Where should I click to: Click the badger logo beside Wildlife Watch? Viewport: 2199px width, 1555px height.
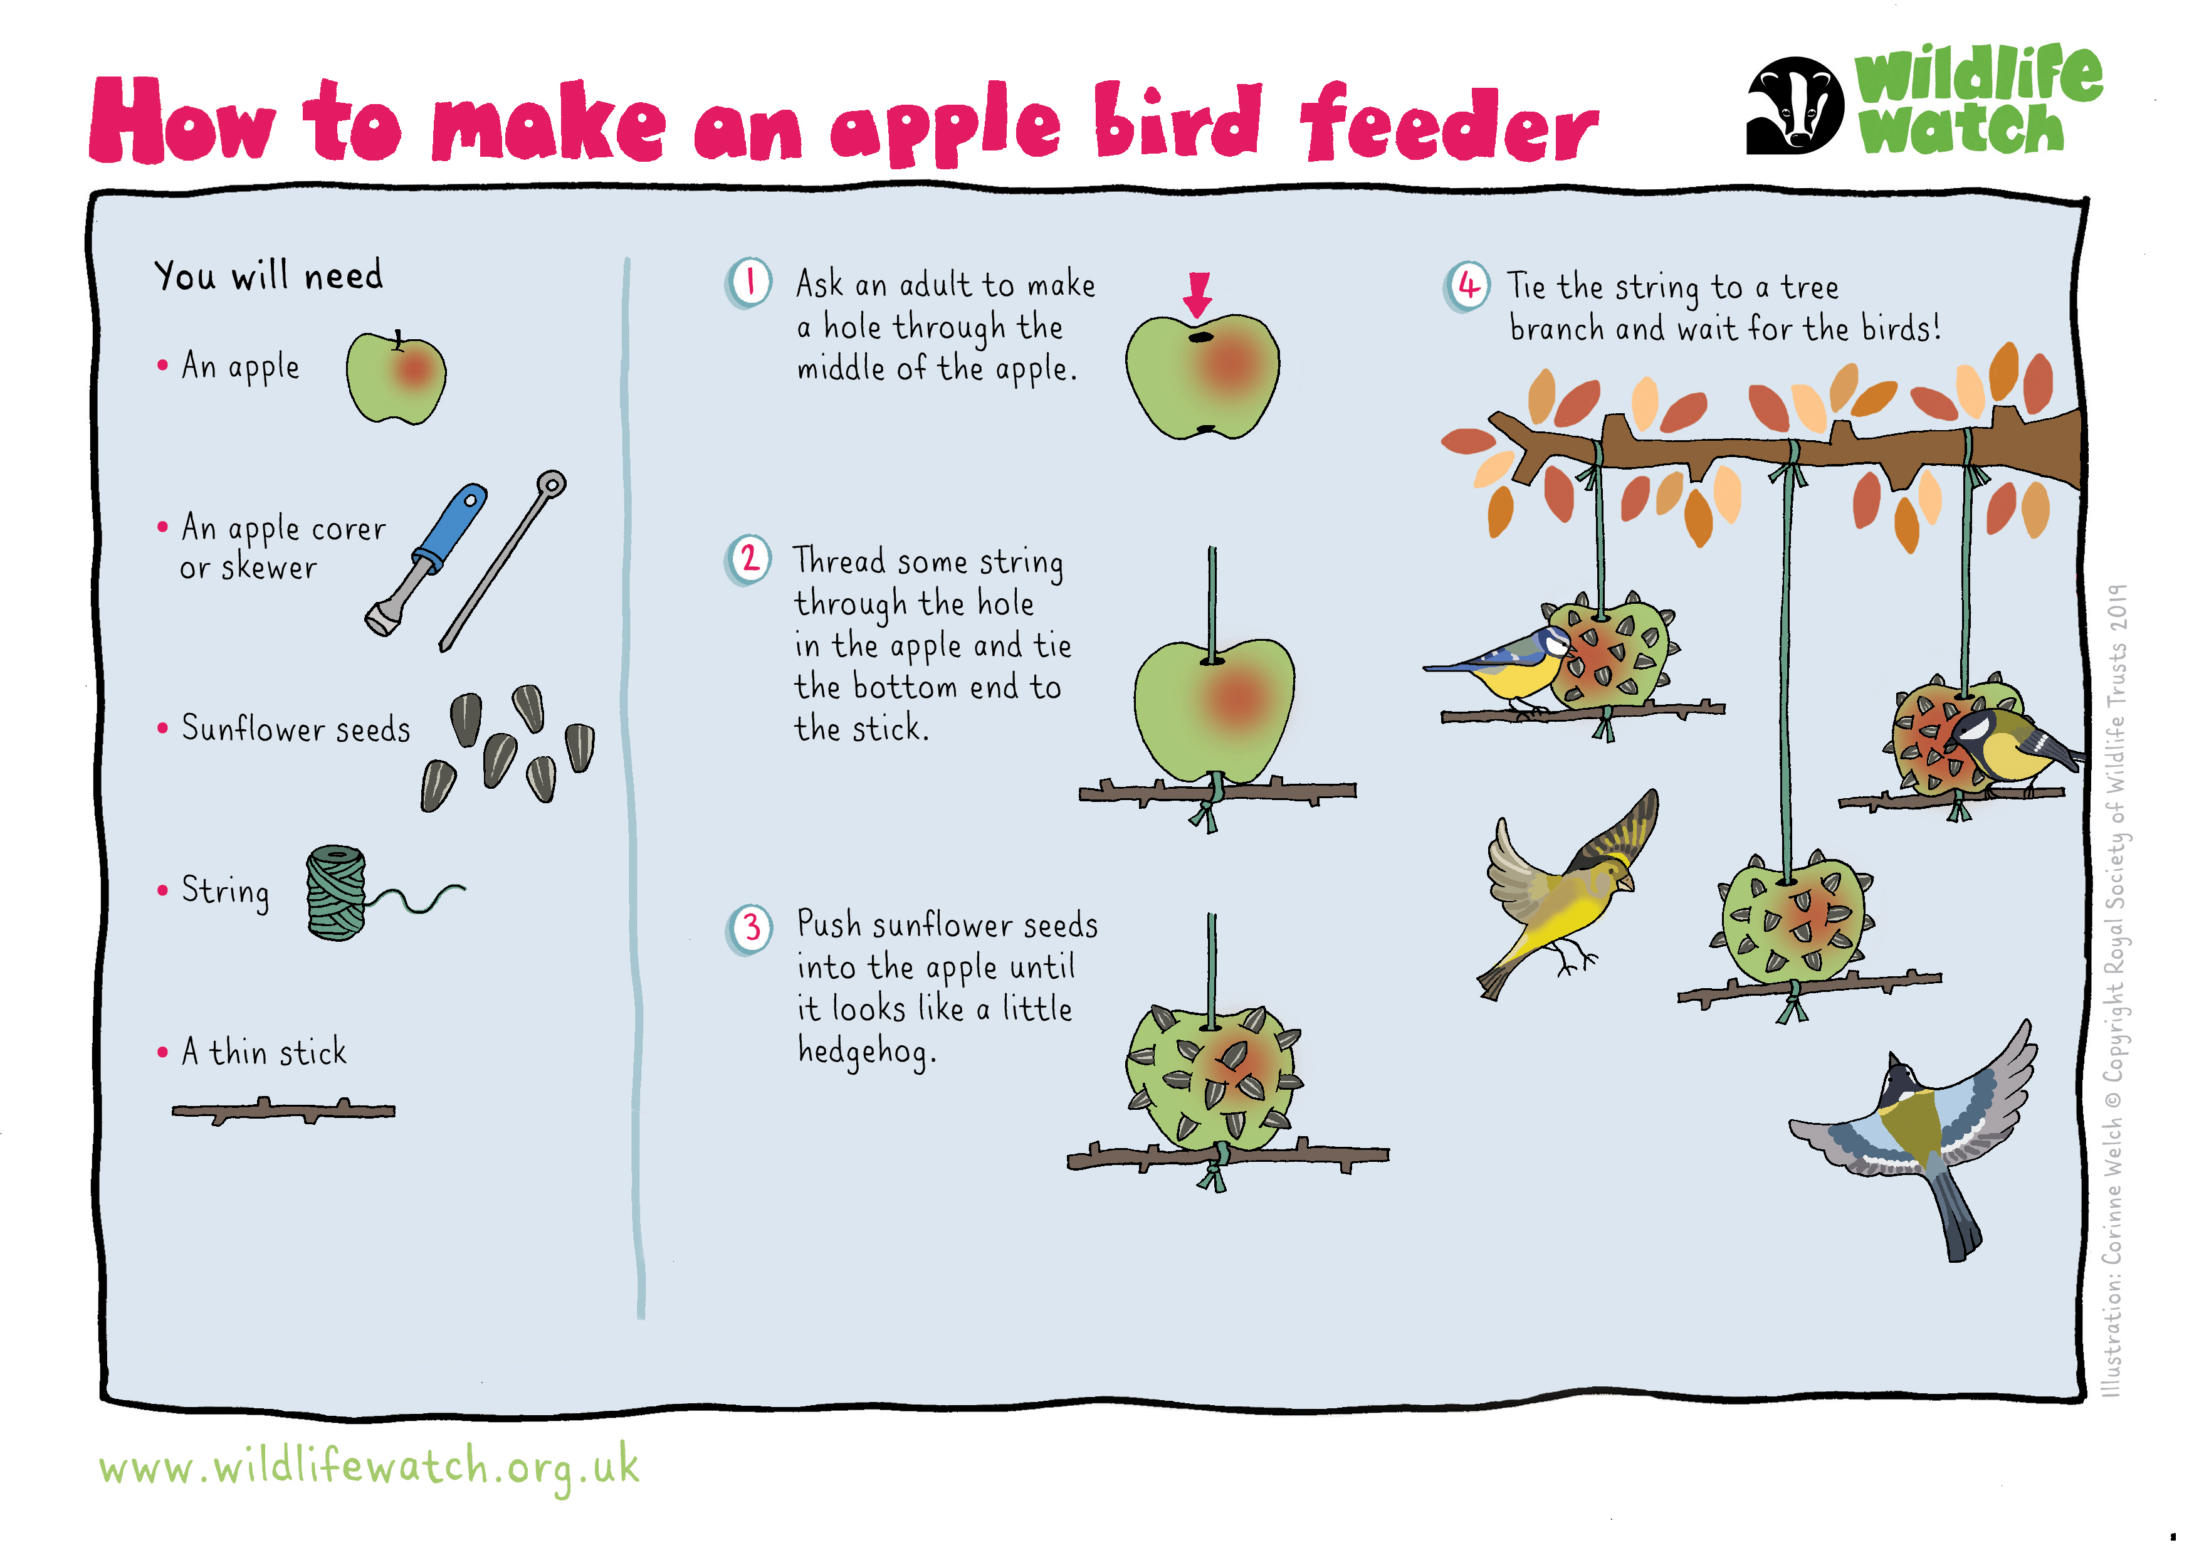tap(1795, 105)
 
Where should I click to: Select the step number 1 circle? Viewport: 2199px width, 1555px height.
tap(749, 283)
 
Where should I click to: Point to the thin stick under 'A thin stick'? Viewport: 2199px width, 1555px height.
tap(283, 1112)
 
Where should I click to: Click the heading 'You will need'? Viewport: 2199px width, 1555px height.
tap(269, 276)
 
